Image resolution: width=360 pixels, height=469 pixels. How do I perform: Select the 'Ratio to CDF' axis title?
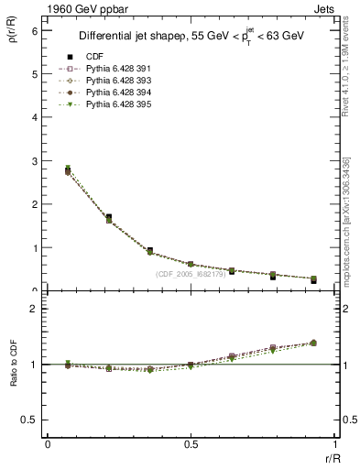(16, 376)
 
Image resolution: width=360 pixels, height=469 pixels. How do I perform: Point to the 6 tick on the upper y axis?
(34, 30)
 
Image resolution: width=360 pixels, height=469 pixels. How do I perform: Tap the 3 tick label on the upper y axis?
(34, 161)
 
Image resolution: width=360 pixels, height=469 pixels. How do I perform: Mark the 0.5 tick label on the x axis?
(191, 443)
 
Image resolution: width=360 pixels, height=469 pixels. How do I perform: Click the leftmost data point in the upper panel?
(68, 170)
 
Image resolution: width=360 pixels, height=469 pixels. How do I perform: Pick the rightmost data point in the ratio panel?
(313, 343)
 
